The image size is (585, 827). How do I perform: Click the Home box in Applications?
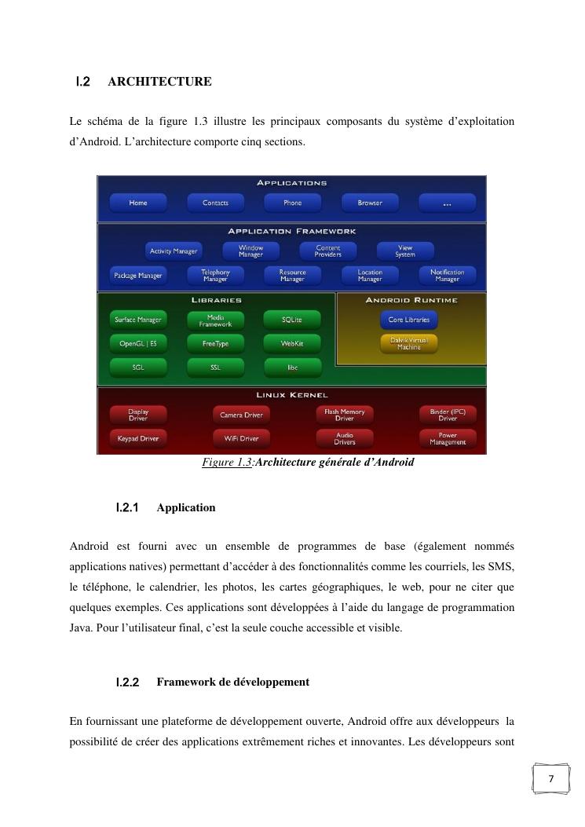coord(138,203)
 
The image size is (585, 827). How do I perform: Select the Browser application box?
coord(370,203)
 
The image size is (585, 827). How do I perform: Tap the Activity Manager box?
coord(174,251)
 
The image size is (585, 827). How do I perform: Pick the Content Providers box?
coord(328,251)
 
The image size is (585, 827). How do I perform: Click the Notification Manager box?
coord(448,276)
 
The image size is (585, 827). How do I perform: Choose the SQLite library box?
coord(293,320)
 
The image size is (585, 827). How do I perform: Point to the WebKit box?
coord(293,343)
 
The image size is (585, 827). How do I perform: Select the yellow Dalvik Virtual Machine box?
coord(408,343)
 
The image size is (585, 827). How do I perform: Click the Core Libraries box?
coord(408,320)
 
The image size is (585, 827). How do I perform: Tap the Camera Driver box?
coord(241,414)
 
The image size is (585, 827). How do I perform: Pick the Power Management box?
coord(448,438)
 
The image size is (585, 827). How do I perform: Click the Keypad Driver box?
coord(138,438)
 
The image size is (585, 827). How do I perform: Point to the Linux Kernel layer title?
coord(292,395)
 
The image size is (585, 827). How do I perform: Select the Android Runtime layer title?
coord(411,300)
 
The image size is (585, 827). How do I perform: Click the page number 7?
coord(550,779)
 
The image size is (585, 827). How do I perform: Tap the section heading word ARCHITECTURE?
coord(159,82)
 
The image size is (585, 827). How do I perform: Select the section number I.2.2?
coord(127,682)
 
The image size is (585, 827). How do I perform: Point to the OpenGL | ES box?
coord(138,343)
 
